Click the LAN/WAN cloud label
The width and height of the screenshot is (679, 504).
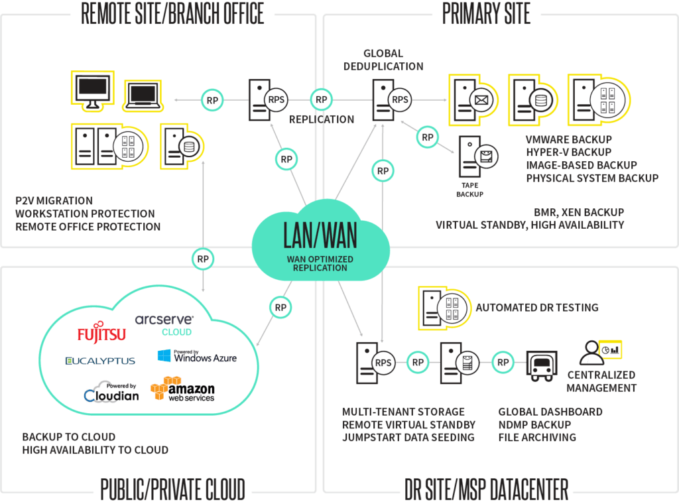tap(320, 234)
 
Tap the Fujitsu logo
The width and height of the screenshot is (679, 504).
tap(101, 334)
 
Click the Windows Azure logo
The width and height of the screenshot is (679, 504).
tap(197, 356)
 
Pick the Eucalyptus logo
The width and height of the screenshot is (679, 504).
tap(100, 361)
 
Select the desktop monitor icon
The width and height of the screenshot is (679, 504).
tap(92, 90)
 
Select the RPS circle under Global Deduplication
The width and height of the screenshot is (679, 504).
tap(400, 100)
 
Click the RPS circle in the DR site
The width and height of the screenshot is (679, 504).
tap(383, 363)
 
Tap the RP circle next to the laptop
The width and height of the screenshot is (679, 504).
tap(213, 100)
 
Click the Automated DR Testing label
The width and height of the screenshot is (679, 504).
tap(536, 308)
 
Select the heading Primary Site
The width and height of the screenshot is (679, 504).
tap(486, 14)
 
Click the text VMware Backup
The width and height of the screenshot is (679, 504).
tap(569, 140)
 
